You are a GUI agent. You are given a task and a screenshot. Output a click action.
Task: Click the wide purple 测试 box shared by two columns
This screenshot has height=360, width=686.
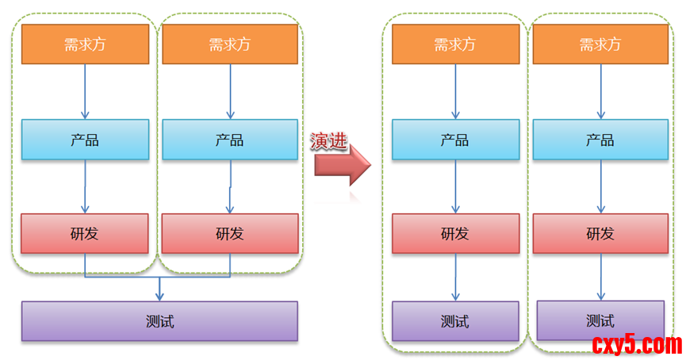click(159, 321)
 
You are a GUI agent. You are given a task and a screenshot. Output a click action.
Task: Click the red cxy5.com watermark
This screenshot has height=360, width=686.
click(637, 344)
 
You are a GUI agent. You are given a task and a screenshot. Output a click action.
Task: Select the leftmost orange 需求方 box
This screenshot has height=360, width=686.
click(85, 44)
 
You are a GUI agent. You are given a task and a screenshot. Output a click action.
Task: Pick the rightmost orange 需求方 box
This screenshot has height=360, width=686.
click(599, 44)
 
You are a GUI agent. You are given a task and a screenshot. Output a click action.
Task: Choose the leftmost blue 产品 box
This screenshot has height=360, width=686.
click(85, 140)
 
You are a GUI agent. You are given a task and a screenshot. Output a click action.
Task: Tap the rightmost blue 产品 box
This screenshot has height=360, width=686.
click(599, 140)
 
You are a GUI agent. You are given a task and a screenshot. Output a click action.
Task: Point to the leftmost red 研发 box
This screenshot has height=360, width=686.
click(85, 233)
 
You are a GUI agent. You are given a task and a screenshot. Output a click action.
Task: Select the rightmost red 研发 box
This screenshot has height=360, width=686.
click(599, 233)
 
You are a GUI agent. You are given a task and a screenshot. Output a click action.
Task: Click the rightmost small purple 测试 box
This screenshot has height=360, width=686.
click(600, 320)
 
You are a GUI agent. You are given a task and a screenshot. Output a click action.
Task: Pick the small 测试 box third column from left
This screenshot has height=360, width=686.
click(455, 321)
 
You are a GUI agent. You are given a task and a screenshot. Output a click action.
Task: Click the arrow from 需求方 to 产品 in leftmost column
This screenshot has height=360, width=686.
click(86, 91)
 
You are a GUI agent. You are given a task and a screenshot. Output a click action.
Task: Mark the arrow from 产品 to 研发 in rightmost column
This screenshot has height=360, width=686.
click(600, 186)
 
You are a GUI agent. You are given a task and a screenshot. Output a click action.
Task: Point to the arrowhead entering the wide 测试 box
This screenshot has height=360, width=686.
click(160, 296)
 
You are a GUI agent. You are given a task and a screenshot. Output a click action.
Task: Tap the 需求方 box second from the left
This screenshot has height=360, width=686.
click(230, 44)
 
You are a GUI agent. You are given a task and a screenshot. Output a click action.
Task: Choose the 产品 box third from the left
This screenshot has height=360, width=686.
click(455, 140)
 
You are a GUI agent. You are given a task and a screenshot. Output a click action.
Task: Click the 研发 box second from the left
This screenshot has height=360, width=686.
click(230, 233)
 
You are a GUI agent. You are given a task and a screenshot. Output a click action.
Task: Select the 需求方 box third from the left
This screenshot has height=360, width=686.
click(455, 44)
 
